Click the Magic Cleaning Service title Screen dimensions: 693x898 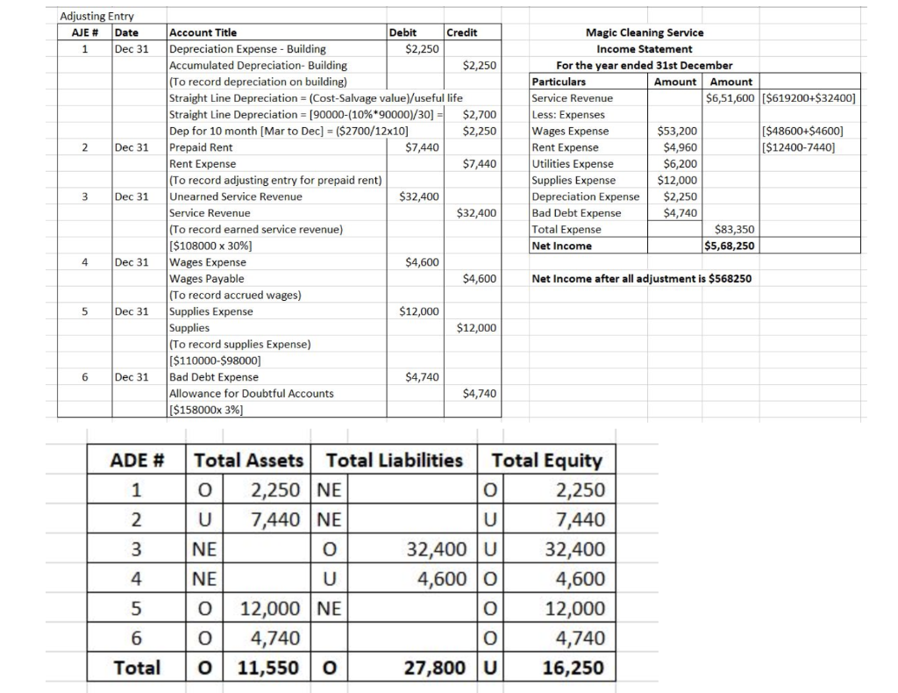644,32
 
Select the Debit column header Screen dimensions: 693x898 403,32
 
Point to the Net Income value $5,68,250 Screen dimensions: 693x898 730,246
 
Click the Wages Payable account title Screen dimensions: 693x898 207,279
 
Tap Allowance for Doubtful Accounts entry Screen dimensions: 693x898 251,393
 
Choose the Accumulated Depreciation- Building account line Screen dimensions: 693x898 257,65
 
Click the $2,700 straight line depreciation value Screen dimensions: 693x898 479,114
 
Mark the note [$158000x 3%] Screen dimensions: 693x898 206,410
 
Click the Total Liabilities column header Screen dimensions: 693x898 394,460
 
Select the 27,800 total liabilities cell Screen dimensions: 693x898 435,668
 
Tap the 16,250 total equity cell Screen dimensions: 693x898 573,668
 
